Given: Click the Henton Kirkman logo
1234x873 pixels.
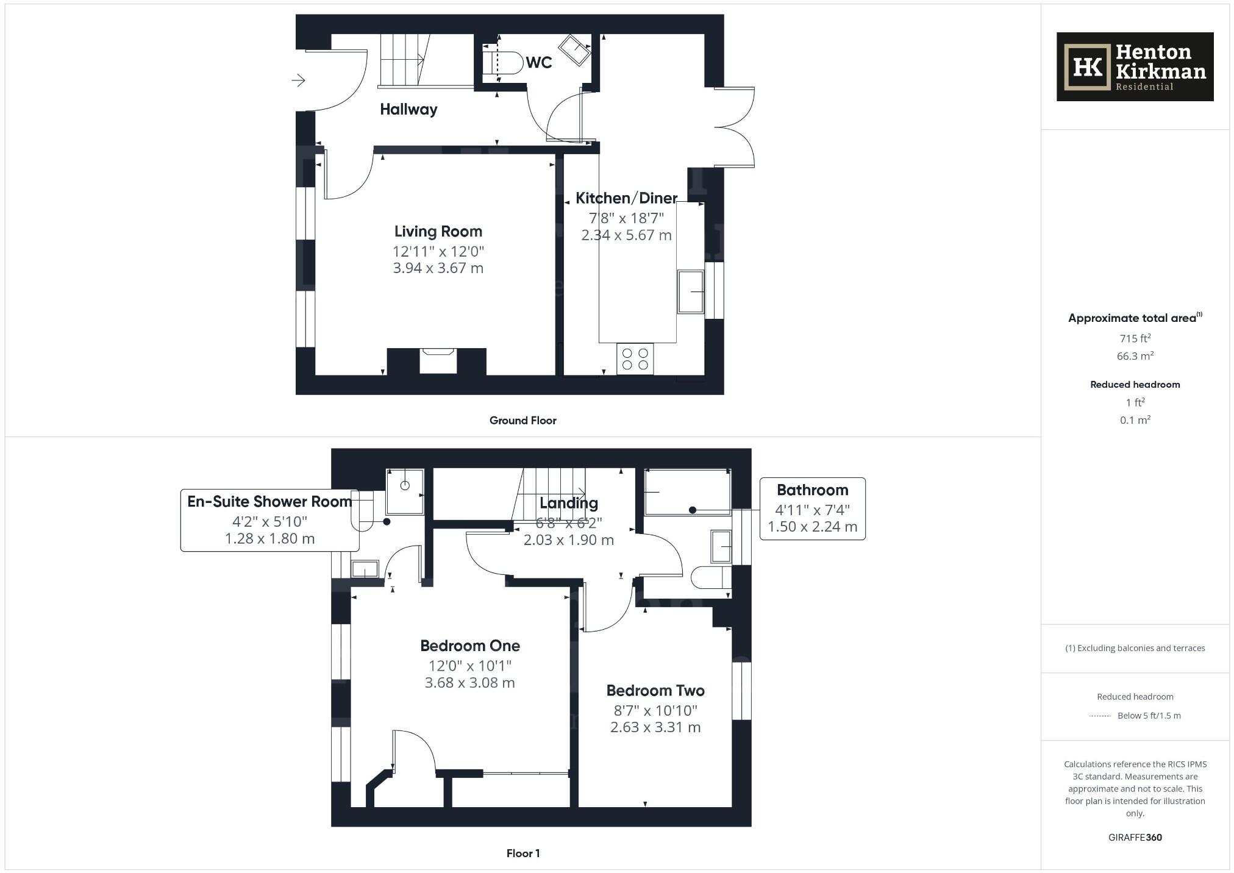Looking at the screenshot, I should click(1134, 66).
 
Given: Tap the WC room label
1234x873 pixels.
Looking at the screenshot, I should click(538, 62).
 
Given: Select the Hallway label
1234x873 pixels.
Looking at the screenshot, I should click(408, 109).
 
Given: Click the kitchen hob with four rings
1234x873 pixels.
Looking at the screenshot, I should click(635, 359).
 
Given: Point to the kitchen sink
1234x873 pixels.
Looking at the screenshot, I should click(690, 292).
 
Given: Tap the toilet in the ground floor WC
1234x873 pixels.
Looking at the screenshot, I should click(501, 62).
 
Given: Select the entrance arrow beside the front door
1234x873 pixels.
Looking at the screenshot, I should click(298, 80).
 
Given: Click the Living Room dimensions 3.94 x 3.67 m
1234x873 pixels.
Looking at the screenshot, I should click(438, 268).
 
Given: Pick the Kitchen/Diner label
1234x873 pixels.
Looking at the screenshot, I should click(626, 198).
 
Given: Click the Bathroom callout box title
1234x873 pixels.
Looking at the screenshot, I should click(812, 490).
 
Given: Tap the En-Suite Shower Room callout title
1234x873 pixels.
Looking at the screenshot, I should click(269, 502).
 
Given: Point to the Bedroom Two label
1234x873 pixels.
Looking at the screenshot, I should click(655, 691).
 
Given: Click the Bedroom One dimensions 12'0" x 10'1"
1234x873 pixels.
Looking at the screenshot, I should click(469, 666).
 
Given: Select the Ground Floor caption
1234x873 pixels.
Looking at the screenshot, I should click(522, 420).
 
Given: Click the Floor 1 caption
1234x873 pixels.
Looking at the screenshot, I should click(522, 853).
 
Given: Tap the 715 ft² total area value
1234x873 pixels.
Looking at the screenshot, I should click(1135, 338).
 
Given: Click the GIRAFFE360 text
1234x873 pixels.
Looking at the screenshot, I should click(1135, 837).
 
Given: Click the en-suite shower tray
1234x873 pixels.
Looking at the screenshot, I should click(405, 491).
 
